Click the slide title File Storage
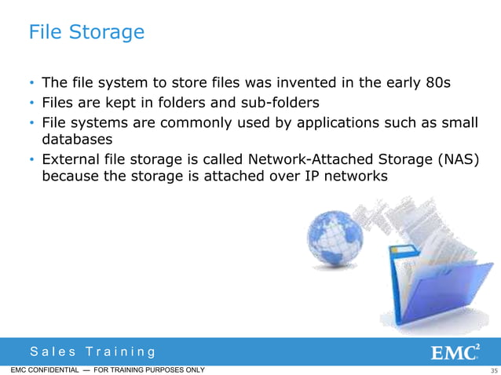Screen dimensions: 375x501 (86, 32)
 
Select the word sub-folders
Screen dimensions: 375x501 (280, 102)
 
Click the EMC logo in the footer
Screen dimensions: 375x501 (458, 351)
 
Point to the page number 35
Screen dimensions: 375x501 (493, 370)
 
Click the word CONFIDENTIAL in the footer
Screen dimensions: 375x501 (49, 370)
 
